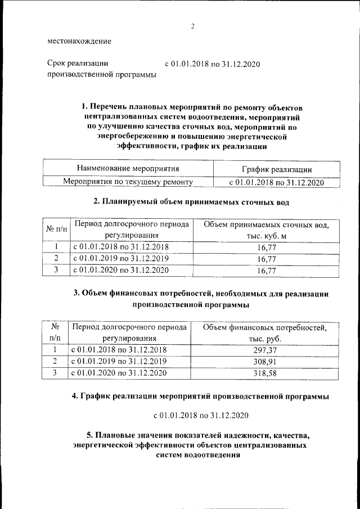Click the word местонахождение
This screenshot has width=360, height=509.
click(x=79, y=41)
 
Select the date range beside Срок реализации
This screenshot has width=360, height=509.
click(x=212, y=64)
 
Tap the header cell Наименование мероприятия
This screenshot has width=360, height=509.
click(x=128, y=168)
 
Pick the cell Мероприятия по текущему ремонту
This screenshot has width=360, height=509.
click(x=128, y=182)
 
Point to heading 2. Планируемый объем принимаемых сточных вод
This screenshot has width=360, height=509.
click(x=192, y=201)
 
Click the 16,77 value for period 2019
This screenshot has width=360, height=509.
click(x=265, y=259)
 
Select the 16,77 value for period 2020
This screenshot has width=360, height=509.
click(x=265, y=271)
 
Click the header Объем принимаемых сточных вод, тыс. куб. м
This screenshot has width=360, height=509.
click(x=265, y=231)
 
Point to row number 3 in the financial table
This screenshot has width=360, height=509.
click(x=55, y=372)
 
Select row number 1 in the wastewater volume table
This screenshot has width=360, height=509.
click(x=56, y=246)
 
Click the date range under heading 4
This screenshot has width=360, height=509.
click(x=201, y=416)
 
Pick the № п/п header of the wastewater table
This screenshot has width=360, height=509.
click(x=56, y=230)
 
